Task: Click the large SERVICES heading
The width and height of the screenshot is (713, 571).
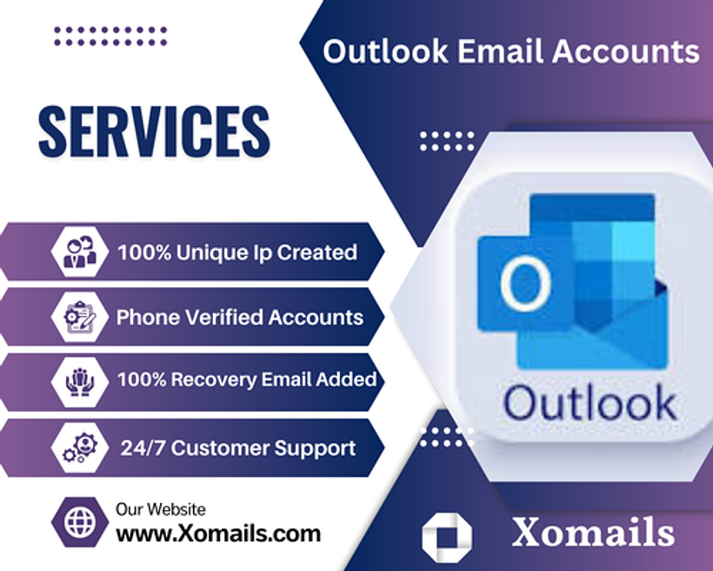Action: click(154, 131)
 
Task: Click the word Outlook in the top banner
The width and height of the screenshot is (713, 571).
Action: click(385, 50)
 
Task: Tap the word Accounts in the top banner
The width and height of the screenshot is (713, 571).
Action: click(626, 50)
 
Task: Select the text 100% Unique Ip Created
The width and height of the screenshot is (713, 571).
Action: click(237, 252)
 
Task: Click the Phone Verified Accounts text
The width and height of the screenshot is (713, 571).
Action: click(240, 318)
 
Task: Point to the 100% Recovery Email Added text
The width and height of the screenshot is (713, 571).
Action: click(247, 380)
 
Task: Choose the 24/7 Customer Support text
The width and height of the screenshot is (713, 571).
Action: click(238, 448)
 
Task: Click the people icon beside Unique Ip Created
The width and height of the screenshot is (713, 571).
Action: click(80, 252)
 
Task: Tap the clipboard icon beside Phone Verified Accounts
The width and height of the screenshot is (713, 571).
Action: click(80, 317)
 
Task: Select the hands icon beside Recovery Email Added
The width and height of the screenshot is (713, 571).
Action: click(80, 382)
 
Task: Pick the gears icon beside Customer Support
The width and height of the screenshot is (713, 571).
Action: click(80, 447)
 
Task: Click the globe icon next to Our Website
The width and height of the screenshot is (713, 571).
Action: click(80, 522)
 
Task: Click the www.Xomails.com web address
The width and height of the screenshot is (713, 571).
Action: click(218, 534)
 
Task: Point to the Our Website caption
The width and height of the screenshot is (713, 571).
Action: click(161, 509)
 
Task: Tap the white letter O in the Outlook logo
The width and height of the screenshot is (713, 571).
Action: click(526, 283)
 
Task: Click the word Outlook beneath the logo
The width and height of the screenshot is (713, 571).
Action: click(590, 402)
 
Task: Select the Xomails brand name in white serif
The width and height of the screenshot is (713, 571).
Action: click(593, 532)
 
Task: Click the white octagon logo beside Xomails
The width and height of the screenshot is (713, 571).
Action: click(447, 537)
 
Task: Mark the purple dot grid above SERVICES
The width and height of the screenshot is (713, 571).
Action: click(110, 37)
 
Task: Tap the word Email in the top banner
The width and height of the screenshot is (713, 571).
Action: click(500, 50)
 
